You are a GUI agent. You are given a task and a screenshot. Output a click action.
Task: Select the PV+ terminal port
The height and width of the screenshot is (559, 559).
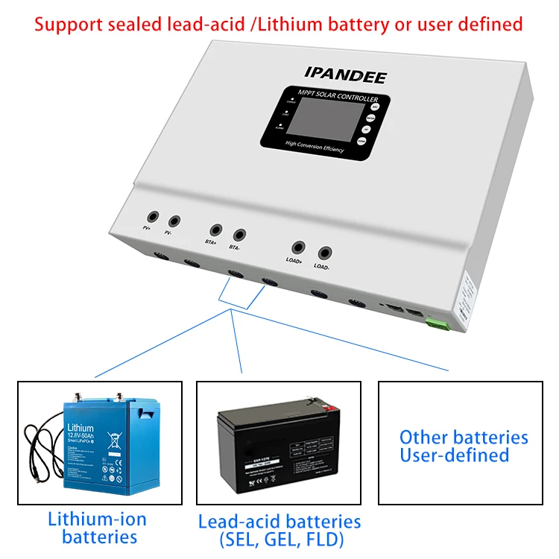pyautogui.click(x=152, y=215)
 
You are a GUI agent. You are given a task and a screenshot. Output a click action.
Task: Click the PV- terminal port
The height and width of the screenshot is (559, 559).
pyautogui.click(x=174, y=221)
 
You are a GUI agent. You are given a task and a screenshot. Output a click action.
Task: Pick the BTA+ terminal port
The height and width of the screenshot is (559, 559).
pyautogui.click(x=216, y=230)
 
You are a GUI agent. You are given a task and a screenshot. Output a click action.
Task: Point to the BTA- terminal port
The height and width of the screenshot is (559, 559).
pyautogui.click(x=239, y=236)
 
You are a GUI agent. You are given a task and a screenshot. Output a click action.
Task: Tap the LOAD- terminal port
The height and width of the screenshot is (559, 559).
pyautogui.click(x=324, y=253)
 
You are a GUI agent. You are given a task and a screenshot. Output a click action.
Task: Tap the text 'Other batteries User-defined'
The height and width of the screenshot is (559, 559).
pyautogui.click(x=463, y=446)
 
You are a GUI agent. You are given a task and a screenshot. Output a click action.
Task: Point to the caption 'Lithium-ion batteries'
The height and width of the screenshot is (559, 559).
pyautogui.click(x=98, y=528)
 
